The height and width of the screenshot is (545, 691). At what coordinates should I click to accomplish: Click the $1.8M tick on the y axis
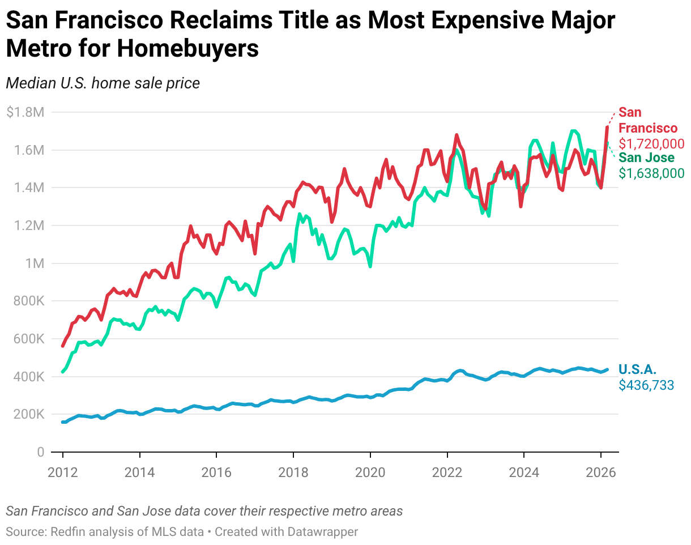point(25,112)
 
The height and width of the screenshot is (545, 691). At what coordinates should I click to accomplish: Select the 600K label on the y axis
point(25,339)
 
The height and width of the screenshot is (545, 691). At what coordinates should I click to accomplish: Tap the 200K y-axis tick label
point(25,414)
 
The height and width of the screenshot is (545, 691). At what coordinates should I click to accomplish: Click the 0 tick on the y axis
point(40,452)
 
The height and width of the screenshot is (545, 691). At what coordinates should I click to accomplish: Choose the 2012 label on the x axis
point(63,472)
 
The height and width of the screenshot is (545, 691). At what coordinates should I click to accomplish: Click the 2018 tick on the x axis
point(293,472)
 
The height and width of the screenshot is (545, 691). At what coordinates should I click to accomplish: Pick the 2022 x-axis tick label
point(447,472)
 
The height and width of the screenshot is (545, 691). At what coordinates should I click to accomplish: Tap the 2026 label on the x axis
point(601,472)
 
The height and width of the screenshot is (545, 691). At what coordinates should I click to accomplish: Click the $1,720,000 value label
point(651,144)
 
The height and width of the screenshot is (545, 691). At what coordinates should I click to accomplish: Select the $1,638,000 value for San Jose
point(651,173)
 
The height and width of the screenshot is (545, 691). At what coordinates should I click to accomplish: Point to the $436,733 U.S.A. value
point(646,386)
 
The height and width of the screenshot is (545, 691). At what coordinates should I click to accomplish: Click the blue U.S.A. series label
point(637,370)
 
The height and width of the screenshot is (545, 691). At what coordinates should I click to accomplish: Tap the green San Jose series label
point(646,158)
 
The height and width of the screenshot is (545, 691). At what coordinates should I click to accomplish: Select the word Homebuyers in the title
point(187,49)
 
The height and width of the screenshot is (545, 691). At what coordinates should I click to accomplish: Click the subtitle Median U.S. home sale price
point(103,83)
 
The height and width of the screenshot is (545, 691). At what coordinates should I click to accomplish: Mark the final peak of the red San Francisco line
point(607,127)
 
